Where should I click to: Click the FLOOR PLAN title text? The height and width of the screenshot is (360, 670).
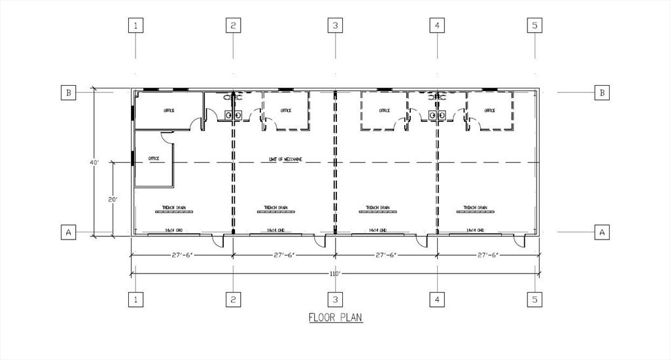click(335, 317)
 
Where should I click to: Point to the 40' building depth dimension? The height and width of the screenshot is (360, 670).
click(94, 162)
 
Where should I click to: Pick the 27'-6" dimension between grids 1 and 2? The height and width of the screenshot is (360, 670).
click(183, 255)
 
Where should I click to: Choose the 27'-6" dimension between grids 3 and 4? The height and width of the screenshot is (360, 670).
click(386, 255)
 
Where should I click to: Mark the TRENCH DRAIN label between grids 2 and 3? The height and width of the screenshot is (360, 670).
click(275, 208)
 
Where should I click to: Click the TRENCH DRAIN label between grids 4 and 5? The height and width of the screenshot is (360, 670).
click(475, 208)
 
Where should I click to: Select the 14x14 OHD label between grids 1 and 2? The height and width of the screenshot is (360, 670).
click(173, 230)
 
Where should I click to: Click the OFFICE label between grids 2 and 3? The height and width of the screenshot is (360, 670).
click(286, 111)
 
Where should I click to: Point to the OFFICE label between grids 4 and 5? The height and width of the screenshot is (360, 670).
click(489, 111)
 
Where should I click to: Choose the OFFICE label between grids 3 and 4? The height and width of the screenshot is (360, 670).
click(384, 111)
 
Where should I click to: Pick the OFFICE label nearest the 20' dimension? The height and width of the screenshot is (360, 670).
click(154, 158)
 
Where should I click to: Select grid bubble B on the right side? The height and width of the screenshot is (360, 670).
click(601, 92)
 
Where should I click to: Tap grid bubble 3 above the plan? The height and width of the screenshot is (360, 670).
click(335, 26)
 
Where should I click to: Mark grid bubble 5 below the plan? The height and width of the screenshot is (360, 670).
click(535, 300)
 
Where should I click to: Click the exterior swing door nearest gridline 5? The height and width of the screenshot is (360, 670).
click(520, 242)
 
